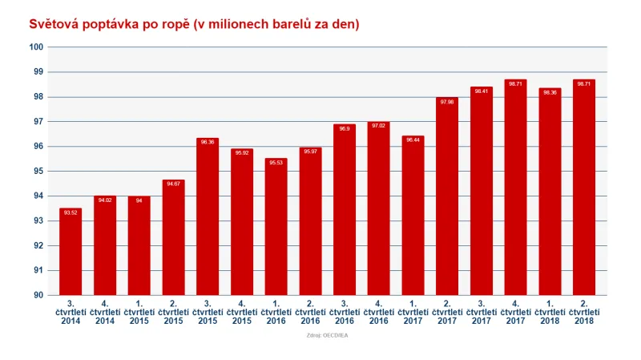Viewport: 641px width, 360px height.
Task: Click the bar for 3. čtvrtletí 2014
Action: coord(71,252)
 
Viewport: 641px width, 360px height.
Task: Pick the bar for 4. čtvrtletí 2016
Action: coord(378,208)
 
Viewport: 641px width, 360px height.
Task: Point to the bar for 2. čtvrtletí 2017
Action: coord(447,196)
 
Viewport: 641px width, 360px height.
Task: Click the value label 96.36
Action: coord(208,142)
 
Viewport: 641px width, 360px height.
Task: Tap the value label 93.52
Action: coord(71,212)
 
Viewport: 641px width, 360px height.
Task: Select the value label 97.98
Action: coord(447,102)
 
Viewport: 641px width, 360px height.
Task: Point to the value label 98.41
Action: coord(482,91)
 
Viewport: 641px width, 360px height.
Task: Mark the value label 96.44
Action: coord(413,140)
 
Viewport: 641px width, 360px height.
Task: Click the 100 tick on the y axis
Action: coord(35,47)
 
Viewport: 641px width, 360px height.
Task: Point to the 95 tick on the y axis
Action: coord(38,171)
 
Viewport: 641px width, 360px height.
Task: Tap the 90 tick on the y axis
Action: coord(38,295)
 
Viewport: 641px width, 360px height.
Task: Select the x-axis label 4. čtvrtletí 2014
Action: coord(105,312)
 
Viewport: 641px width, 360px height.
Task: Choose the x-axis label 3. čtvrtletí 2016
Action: coord(344,312)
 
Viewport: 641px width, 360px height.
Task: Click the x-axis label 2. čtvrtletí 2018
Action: coord(583,312)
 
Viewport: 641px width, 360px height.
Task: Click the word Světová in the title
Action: coord(56,24)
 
